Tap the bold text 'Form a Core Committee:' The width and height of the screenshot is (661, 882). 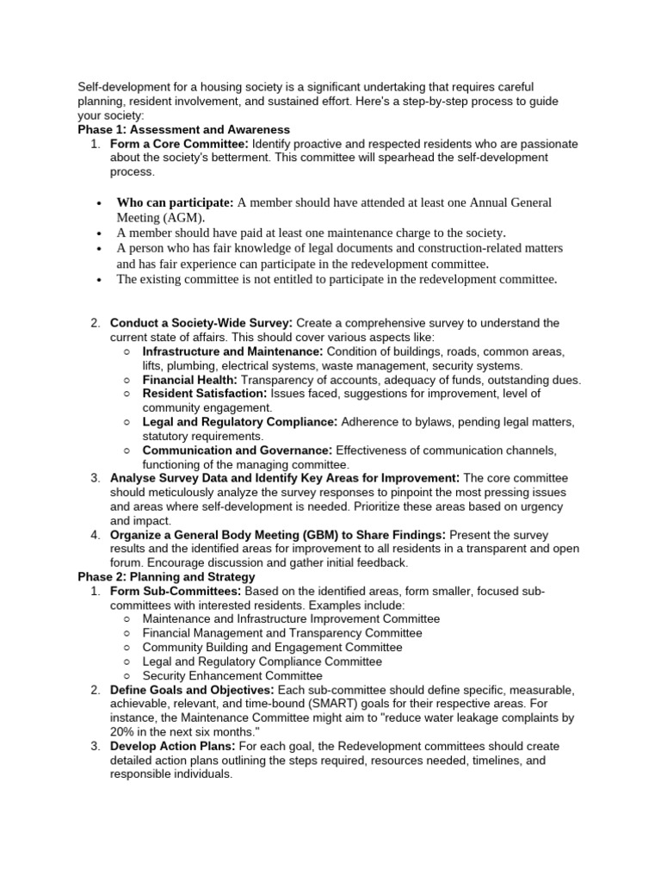(179, 144)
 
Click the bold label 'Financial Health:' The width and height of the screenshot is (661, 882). (189, 380)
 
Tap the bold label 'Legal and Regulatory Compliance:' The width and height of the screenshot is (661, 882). (239, 422)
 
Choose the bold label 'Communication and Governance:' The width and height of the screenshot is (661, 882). (237, 450)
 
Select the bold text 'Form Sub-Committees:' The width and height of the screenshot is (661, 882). (176, 591)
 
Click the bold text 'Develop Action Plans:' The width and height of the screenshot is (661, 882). (177, 746)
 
